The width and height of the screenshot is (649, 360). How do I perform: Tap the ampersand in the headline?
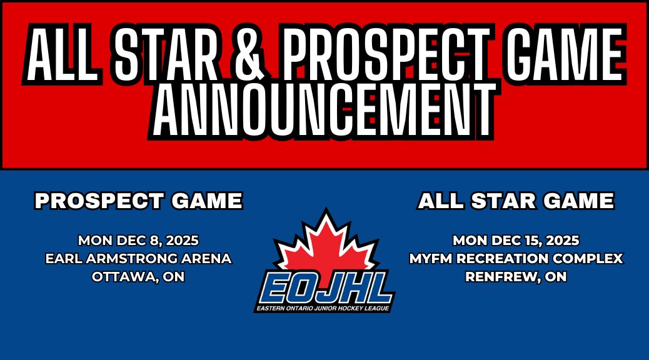click(x=253, y=56)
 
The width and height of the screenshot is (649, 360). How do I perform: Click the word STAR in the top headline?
click(x=164, y=56)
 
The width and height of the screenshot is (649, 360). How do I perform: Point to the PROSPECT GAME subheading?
click(x=138, y=201)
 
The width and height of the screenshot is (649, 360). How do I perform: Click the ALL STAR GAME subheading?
click(x=516, y=201)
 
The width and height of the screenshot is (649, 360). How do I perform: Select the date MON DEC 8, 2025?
click(x=138, y=240)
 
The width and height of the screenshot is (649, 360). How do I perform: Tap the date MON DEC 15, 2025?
click(x=516, y=240)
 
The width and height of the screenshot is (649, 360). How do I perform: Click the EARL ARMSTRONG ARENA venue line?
click(x=138, y=258)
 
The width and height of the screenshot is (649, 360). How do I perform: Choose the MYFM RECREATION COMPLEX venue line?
click(x=516, y=258)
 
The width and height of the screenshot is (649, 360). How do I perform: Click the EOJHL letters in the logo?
click(x=324, y=288)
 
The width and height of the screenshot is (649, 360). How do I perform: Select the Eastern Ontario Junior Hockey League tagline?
click(x=324, y=308)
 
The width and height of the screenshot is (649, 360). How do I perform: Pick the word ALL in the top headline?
click(x=61, y=56)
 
